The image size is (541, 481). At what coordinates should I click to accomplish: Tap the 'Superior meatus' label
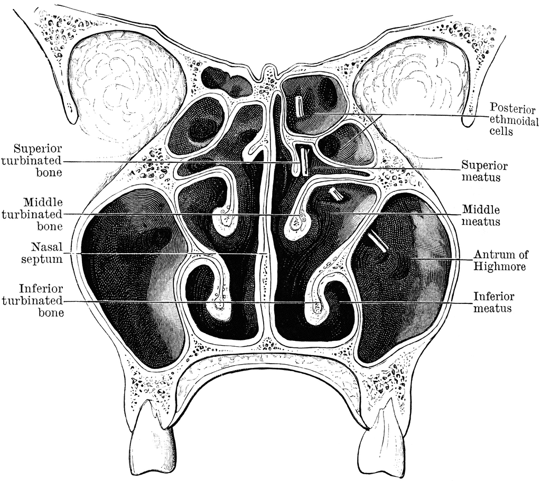484,171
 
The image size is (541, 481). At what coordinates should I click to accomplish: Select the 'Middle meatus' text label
481,216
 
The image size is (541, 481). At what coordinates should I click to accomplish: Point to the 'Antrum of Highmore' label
501,261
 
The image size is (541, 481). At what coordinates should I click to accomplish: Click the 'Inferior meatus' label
493,302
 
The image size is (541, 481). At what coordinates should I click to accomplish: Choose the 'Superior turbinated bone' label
32,161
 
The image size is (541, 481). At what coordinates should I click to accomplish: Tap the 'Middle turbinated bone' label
32,214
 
